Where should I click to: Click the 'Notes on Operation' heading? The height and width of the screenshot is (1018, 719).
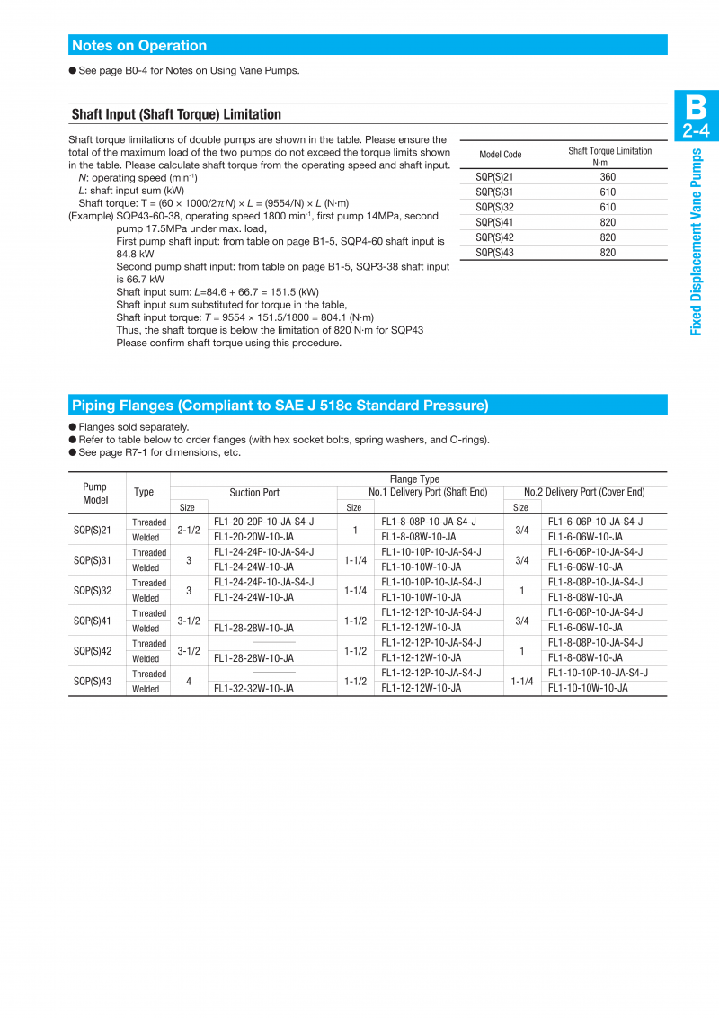point(139,46)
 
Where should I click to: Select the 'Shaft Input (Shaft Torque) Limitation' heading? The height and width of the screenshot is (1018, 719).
point(176,114)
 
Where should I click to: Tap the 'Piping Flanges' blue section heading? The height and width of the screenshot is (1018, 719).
point(280,406)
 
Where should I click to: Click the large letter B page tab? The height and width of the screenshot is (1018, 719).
point(696,107)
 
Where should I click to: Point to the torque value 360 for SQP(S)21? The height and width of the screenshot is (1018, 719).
point(608,177)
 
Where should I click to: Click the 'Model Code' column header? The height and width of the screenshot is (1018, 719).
point(500,155)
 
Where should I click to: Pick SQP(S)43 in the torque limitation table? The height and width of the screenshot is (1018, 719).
point(493,253)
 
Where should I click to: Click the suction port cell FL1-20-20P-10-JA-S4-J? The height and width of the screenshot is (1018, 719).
point(263,522)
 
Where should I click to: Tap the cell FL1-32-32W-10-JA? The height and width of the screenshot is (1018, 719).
point(253,689)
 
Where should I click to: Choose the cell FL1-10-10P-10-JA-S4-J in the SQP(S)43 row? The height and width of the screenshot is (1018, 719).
point(598,673)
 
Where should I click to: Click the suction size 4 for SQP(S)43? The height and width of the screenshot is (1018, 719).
point(189,682)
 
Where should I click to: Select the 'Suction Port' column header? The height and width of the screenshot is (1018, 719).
point(254,493)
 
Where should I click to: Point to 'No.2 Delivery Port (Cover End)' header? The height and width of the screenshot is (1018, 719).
point(584,493)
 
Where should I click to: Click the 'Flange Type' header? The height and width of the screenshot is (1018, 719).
point(414,479)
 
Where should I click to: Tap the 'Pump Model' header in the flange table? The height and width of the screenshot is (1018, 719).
point(94,493)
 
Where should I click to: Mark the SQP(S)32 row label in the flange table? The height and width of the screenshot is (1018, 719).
point(92,591)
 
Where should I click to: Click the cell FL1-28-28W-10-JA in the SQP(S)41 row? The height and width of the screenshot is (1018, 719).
point(253,628)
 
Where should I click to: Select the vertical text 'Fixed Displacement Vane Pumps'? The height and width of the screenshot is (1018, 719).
point(696,242)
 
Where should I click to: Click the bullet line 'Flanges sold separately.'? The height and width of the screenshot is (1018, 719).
point(133,427)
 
